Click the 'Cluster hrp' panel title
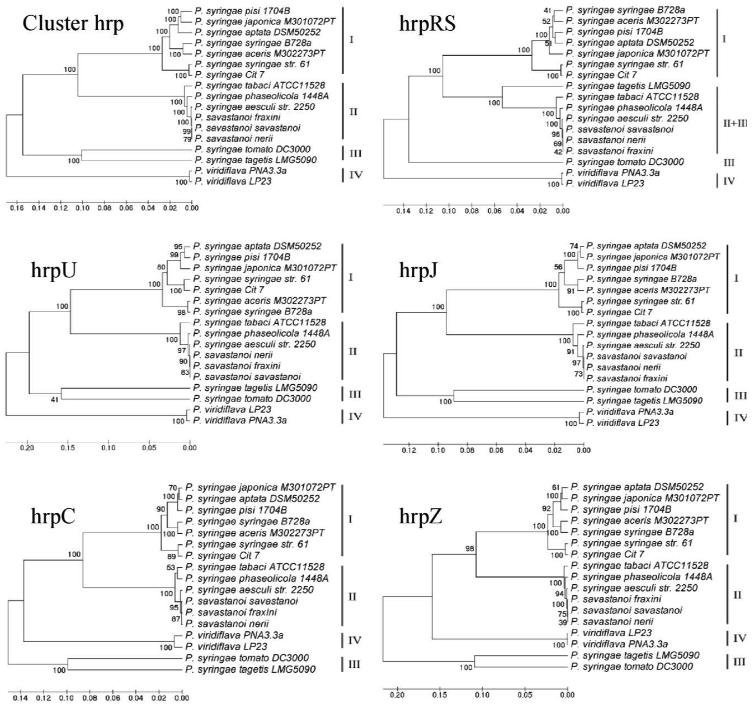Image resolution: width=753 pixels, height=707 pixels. coord(73,24)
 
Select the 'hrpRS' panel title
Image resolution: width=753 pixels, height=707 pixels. coord(427,24)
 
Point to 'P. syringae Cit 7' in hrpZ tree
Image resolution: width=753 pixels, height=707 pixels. coord(608,554)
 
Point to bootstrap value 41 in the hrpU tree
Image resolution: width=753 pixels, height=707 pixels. coord(55,399)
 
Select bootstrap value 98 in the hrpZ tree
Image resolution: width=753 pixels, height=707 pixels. coord(470,549)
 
